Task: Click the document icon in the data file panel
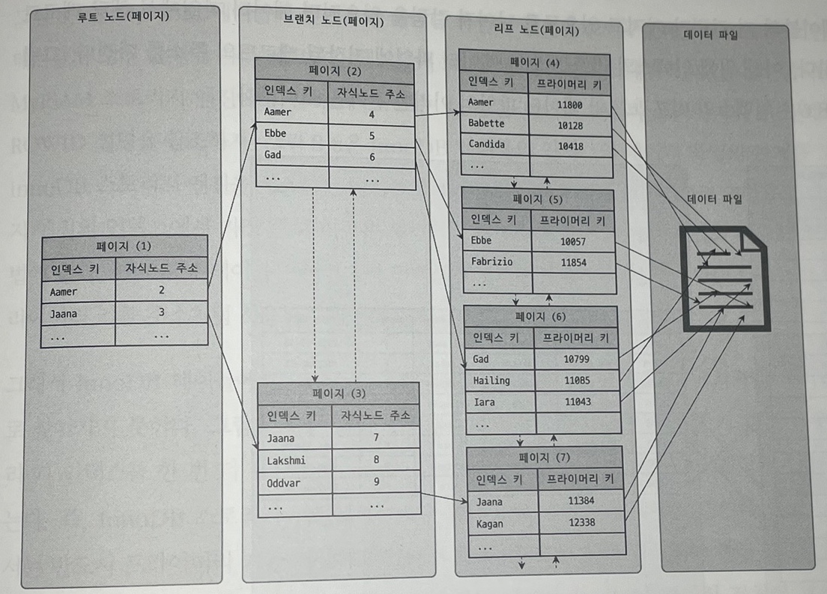coord(724,279)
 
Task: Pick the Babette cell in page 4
coord(486,123)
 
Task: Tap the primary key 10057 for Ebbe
coord(573,241)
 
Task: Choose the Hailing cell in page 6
coord(491,381)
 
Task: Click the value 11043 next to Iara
coord(578,402)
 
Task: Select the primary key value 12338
coord(581,522)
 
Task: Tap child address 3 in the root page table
coord(161,312)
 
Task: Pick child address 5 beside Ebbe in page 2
coord(372,136)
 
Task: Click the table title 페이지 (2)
coord(335,71)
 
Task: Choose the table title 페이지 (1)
coord(124,246)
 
